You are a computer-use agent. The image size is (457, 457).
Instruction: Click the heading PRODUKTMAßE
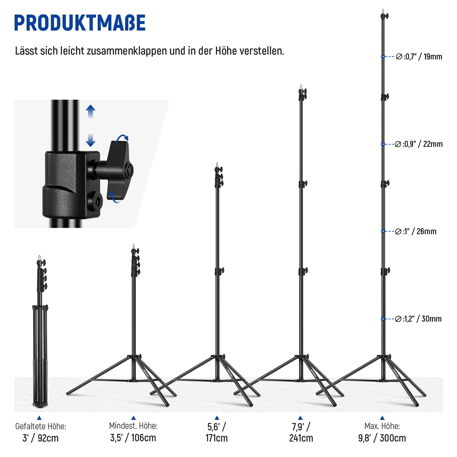point(80,23)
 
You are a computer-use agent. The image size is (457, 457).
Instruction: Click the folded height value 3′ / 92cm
point(41,438)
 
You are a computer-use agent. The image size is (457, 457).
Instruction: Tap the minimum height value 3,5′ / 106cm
point(133,438)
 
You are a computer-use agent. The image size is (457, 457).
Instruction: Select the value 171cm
point(217,438)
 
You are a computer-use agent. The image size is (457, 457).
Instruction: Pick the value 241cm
point(301,438)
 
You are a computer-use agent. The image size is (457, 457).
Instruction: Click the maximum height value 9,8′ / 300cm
point(382,438)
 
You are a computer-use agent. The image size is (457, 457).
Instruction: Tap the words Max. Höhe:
point(382,426)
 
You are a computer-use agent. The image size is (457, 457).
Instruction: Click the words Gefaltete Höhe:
point(41,426)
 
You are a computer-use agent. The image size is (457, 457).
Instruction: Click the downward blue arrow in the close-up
point(91,140)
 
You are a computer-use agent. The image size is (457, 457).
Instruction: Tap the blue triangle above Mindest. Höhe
point(133,418)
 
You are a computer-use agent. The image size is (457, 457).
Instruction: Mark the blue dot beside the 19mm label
point(383,57)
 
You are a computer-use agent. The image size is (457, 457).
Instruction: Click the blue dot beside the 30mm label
point(383,319)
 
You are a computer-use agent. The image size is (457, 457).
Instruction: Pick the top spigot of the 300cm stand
point(383,11)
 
